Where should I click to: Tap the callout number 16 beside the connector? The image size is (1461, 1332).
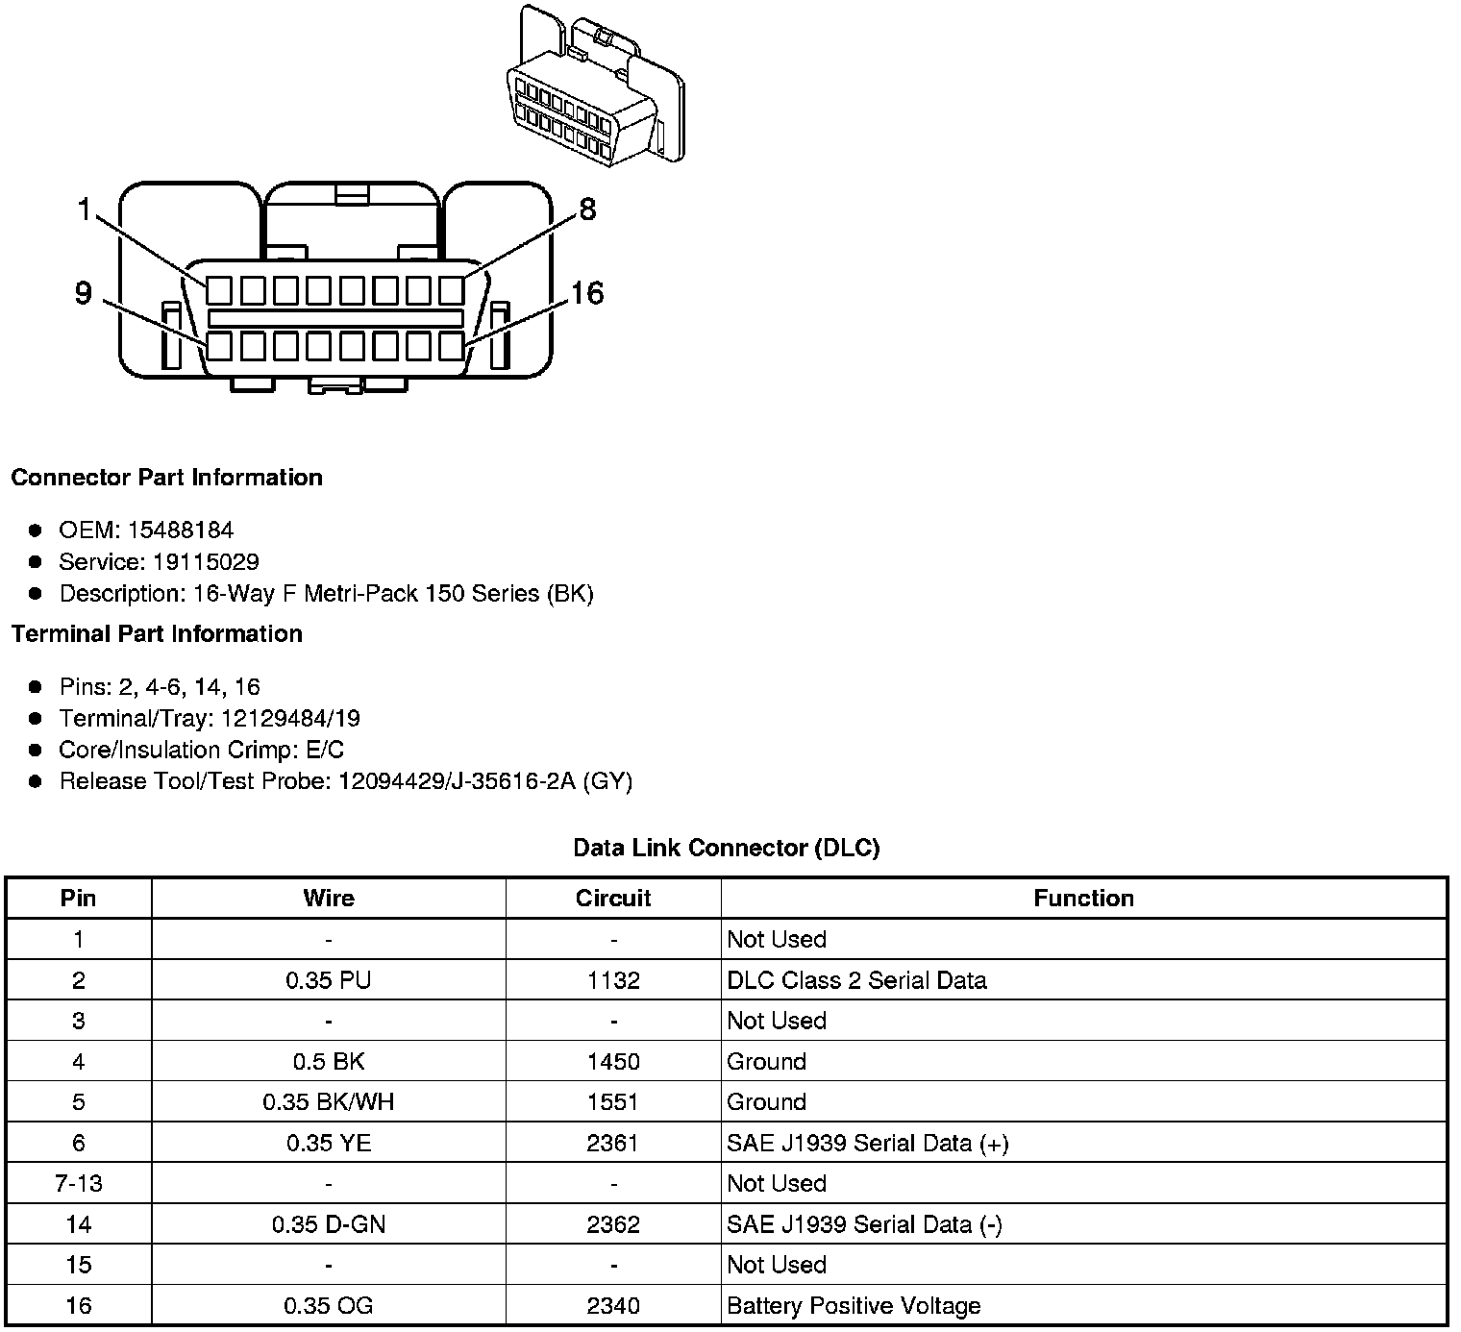tap(586, 293)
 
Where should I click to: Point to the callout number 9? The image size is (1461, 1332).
tap(84, 293)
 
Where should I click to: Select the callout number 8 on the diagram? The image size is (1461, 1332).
tap(587, 209)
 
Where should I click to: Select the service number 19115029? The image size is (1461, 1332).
tap(206, 562)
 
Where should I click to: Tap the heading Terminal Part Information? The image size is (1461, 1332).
tap(157, 634)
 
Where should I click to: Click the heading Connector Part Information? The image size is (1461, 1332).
tap(166, 478)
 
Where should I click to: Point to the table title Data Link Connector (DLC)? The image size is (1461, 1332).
tap(726, 848)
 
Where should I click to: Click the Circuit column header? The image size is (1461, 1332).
tap(613, 899)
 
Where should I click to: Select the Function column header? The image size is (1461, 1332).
tap(1083, 899)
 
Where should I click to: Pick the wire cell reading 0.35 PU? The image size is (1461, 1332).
tap(329, 980)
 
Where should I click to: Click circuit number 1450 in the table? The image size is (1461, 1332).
tap(613, 1062)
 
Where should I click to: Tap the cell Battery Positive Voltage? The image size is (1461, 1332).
tap(854, 1306)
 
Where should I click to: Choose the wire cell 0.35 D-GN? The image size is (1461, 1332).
tap(329, 1224)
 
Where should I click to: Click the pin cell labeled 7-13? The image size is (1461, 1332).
tap(79, 1184)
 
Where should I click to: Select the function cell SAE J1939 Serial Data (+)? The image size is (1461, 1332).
tap(867, 1144)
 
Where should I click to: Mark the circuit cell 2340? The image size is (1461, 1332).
tap(613, 1306)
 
